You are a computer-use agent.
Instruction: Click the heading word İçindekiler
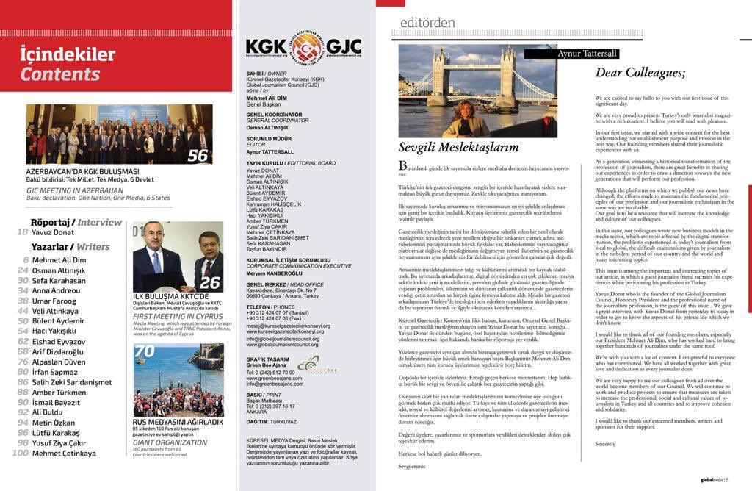(68, 54)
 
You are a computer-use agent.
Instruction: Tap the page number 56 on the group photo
(198, 155)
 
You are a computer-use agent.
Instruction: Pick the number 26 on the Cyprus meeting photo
(209, 282)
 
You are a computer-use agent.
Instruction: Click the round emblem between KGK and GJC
(304, 47)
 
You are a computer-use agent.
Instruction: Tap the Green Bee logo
(308, 364)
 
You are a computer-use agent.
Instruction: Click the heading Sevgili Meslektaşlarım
(448, 147)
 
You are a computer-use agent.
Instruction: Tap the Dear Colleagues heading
(640, 72)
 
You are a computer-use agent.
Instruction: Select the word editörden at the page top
(427, 23)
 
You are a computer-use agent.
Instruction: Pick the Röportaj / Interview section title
(76, 222)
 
